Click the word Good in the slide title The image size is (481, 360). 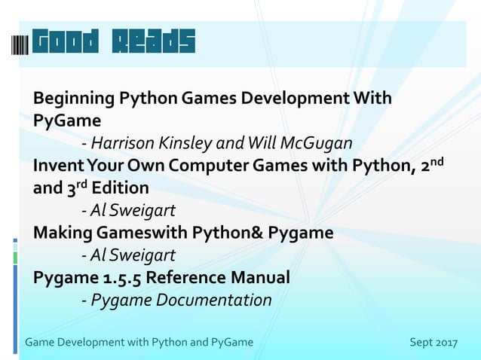(x=66, y=43)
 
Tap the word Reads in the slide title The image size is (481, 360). (x=154, y=43)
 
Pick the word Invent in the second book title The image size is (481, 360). (x=56, y=165)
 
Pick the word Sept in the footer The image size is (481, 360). (x=421, y=343)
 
